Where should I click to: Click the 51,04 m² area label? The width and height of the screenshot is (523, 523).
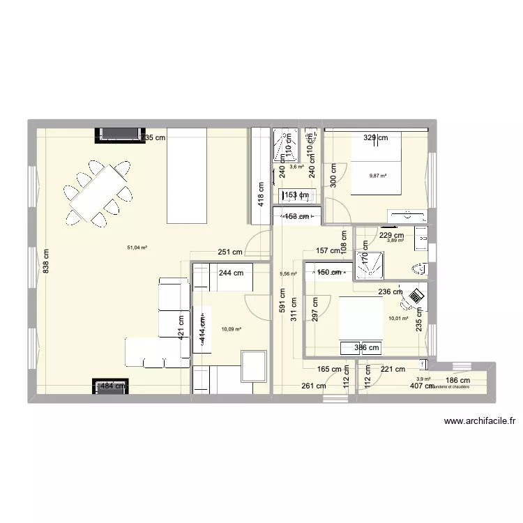pos(137,247)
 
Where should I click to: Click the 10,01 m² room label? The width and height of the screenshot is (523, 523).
pos(399,319)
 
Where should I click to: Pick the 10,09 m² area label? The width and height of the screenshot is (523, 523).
pos(231,328)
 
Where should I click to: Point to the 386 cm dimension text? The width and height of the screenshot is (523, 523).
pos(367,347)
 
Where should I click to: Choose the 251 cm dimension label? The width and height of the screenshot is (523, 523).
pos(229,252)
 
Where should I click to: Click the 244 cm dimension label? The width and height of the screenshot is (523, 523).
pos(231,274)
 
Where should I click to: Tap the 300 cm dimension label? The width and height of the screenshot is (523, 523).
pos(334,175)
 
